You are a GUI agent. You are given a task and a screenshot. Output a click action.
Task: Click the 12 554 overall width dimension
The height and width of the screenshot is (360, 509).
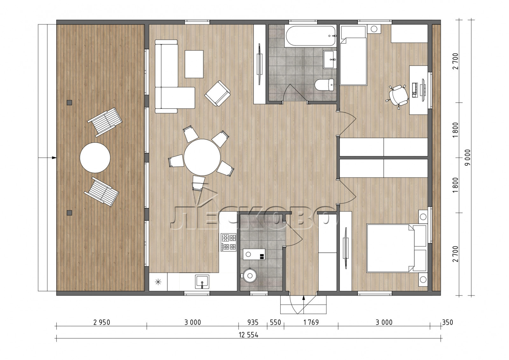coord(248,335)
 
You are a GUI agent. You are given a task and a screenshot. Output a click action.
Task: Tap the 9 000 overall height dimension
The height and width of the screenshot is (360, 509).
coord(468,157)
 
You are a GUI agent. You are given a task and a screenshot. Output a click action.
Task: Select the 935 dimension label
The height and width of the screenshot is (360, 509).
coord(253,322)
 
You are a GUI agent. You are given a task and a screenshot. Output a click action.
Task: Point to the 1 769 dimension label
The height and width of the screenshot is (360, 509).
coord(311,322)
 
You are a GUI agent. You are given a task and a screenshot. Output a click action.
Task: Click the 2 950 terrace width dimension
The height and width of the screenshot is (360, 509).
coord(101,322)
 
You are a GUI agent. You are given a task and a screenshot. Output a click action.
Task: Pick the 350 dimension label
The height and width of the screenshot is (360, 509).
coord(447,322)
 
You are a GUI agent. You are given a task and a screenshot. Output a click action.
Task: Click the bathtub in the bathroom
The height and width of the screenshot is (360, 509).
coord(310,37)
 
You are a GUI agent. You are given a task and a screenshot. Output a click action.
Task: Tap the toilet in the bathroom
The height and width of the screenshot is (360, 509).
coord(324,85)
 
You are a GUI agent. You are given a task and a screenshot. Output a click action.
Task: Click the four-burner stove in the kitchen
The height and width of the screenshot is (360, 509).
coord(229,242)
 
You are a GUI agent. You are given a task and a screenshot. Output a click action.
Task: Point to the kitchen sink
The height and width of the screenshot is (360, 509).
coord(202,282)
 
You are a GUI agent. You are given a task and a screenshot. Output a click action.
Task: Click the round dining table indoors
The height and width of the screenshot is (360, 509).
coord(202,157)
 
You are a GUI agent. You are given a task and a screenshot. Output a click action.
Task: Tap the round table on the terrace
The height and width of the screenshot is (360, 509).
coord(95,157)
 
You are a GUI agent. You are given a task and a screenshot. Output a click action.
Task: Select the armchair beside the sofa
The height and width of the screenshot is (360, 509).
coord(218,93)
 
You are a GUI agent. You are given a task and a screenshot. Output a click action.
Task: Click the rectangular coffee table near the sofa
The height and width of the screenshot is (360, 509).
coord(194,64)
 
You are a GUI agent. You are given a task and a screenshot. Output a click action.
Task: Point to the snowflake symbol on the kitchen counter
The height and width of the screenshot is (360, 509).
coord(158,282)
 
